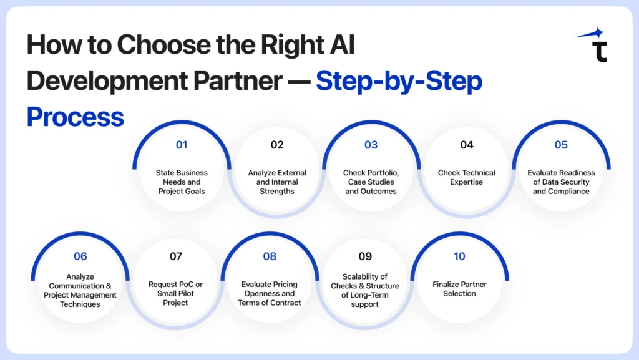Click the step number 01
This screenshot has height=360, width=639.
pyautogui.click(x=182, y=145)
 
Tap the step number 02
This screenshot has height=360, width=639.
pyautogui.click(x=277, y=145)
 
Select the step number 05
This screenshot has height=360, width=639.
pyautogui.click(x=561, y=145)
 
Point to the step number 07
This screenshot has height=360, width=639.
pyautogui.click(x=176, y=256)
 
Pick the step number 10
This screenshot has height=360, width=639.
pyautogui.click(x=459, y=256)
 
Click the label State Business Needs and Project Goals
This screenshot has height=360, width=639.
pyautogui.click(x=182, y=182)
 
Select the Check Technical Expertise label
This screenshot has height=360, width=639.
pyautogui.click(x=466, y=177)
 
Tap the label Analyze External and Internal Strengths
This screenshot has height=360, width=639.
pyautogui.click(x=277, y=182)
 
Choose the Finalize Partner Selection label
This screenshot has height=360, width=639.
pyautogui.click(x=459, y=289)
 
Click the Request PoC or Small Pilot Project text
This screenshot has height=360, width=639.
pyautogui.click(x=176, y=293)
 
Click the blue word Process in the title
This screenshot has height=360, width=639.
pyautogui.click(x=75, y=117)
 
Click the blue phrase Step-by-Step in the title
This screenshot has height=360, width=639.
pyautogui.click(x=399, y=81)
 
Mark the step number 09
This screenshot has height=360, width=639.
pyautogui.click(x=365, y=256)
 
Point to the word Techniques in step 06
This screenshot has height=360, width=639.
pyautogui.click(x=80, y=304)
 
